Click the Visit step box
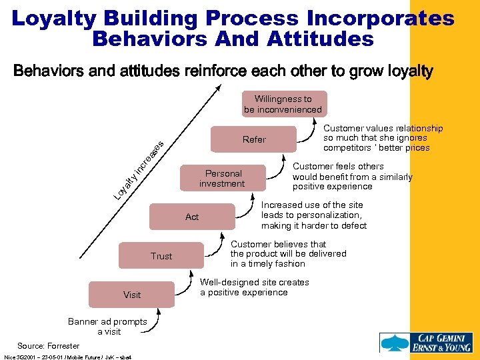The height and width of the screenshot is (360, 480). click(x=132, y=295)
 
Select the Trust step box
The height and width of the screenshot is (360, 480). click(x=161, y=256)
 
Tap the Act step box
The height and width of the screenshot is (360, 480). click(x=192, y=217)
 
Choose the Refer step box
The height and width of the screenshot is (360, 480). click(x=253, y=139)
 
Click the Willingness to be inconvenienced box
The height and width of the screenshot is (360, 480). click(x=283, y=104)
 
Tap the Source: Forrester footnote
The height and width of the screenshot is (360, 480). click(x=48, y=346)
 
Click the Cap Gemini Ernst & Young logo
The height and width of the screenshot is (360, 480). click(x=426, y=341)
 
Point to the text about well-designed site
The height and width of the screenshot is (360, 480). click(x=254, y=287)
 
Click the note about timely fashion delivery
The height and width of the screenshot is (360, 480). click(x=288, y=254)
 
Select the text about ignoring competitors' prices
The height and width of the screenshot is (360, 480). click(x=383, y=138)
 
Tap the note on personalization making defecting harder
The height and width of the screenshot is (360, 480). click(x=313, y=215)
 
